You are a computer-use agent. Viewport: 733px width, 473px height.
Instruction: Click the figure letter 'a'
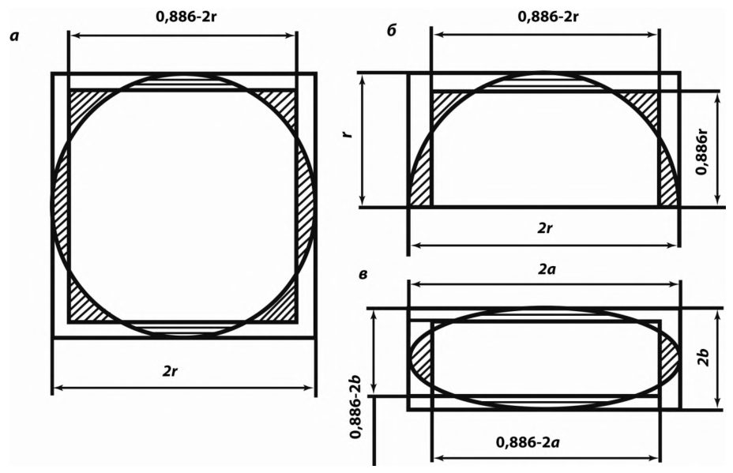[x=14, y=36]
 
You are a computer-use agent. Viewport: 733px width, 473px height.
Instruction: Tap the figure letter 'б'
[x=391, y=30]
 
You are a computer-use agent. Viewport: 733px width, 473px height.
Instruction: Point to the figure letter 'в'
[x=363, y=274]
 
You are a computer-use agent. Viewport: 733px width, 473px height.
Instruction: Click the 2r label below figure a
[x=170, y=371]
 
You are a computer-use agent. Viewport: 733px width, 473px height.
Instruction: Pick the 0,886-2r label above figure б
[x=548, y=17]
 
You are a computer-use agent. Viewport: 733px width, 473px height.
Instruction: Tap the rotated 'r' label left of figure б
[x=347, y=134]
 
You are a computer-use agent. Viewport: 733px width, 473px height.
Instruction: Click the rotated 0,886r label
[x=701, y=152]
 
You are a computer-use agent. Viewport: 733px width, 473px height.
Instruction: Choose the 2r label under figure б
[x=545, y=228]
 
